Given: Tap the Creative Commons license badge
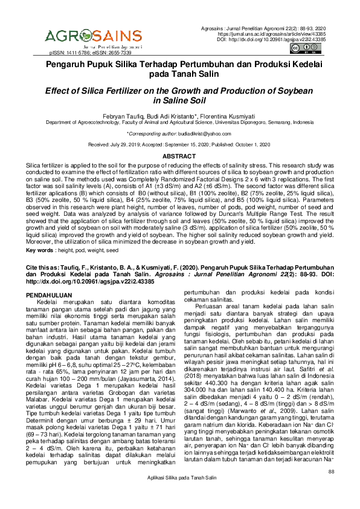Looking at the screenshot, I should tap(301, 49).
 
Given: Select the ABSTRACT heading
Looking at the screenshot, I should tap(180, 156).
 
